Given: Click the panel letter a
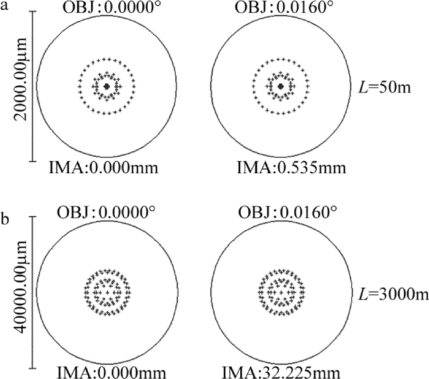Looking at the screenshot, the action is click(x=4, y=6).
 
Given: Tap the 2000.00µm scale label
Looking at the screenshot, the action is click(x=21, y=79).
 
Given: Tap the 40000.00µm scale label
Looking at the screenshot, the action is click(x=21, y=287).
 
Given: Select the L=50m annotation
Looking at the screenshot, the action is click(x=385, y=87).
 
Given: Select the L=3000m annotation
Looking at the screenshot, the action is click(x=393, y=293).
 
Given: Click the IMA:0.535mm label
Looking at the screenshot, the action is click(x=291, y=168).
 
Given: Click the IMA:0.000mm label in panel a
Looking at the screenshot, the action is click(x=104, y=168).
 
